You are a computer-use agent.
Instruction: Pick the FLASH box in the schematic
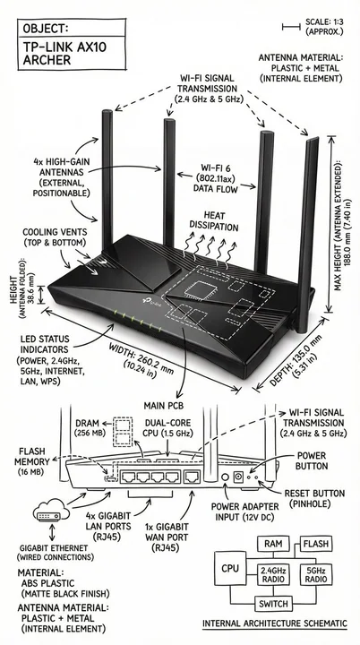[316, 544]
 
